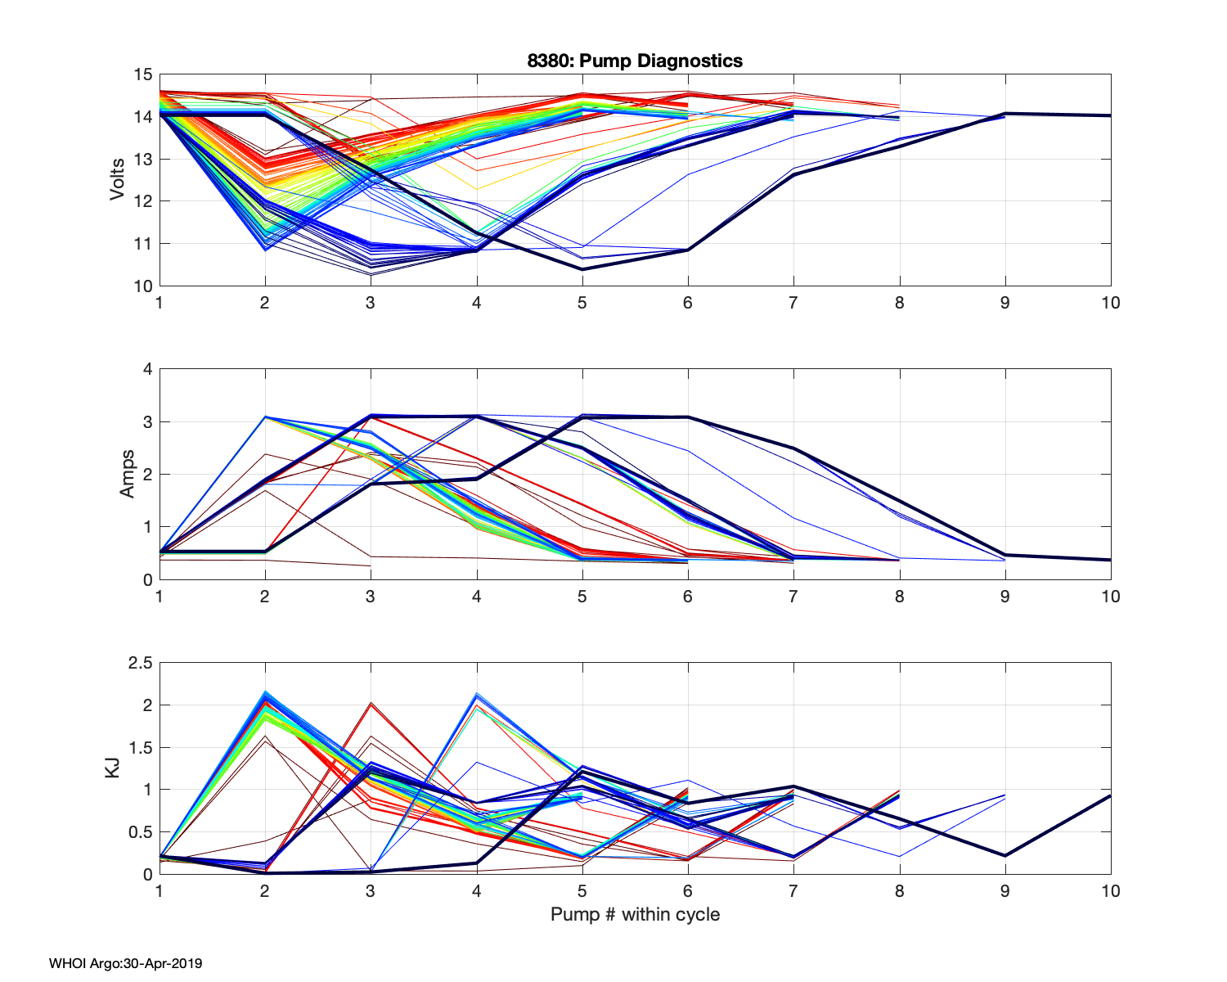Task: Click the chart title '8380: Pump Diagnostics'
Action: pos(635,61)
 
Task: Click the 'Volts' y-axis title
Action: pos(118,180)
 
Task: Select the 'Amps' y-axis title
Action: pos(128,474)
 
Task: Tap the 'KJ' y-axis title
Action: pos(113,768)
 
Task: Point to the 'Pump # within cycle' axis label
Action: pos(635,914)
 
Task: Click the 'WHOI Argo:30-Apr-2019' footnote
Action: pos(125,963)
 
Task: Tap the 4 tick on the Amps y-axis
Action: pos(147,369)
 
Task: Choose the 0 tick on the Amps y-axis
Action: pos(147,580)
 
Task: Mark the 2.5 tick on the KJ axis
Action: pos(141,663)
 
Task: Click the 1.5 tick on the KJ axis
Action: pos(141,747)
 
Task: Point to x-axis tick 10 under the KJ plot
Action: pos(1110,891)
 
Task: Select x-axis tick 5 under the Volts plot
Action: pos(582,303)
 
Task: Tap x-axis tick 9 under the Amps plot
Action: pos(1005,597)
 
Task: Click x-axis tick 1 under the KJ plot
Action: pos(160,891)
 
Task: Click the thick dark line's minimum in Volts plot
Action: pos(582,269)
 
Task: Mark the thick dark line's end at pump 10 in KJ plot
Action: pos(1110,795)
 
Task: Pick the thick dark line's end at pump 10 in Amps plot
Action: pos(1110,560)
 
